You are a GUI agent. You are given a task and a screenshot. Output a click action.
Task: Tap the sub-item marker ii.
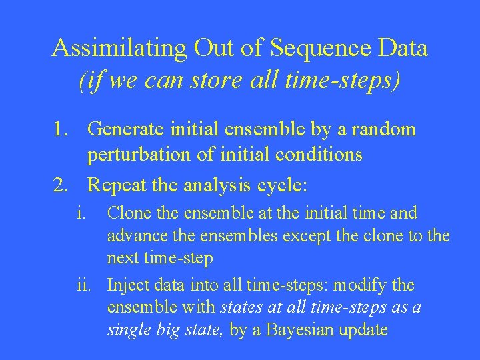click(x=83, y=286)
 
